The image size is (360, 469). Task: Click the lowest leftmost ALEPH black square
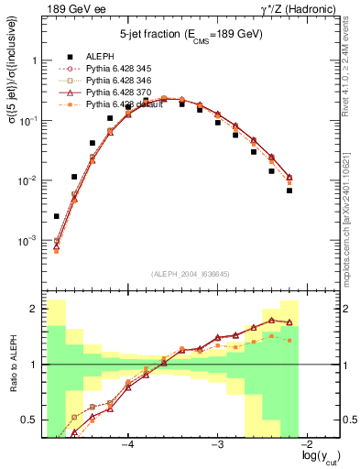[57, 216]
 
